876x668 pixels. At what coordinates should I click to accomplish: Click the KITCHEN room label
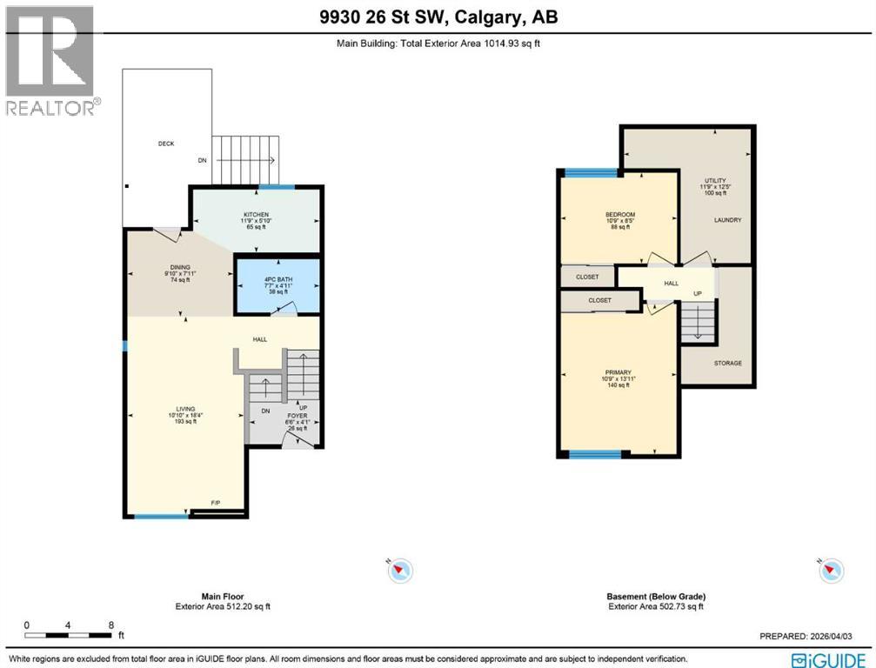point(256,214)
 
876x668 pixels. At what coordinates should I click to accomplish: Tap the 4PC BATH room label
point(278,277)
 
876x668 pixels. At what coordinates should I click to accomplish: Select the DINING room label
point(180,268)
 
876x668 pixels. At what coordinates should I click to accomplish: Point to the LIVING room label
point(184,409)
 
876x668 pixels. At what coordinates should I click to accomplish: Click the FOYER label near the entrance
point(298,416)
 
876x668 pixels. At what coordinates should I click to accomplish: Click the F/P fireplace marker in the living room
point(215,504)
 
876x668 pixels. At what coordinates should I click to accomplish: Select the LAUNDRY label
point(727,220)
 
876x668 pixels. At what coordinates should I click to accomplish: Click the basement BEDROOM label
point(620,215)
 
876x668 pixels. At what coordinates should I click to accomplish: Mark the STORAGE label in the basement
point(727,363)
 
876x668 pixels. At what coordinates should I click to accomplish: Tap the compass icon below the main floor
point(400,571)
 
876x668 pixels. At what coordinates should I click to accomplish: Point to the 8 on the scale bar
point(111,625)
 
